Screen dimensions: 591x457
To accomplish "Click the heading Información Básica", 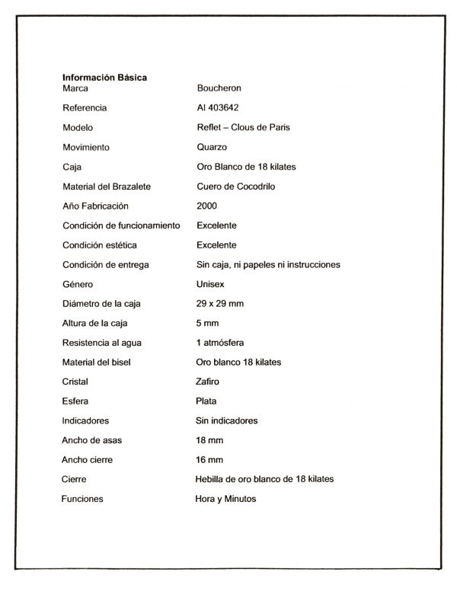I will click(x=105, y=77).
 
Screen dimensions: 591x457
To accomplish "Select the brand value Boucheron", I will click(x=219, y=88).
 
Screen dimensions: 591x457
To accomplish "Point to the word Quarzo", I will click(x=212, y=147).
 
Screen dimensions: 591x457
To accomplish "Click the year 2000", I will click(x=206, y=206).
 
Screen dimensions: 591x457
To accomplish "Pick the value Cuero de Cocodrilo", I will click(x=241, y=187).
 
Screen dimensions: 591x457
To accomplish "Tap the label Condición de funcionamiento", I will click(x=121, y=225).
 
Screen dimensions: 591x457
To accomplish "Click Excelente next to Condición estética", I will click(x=216, y=245).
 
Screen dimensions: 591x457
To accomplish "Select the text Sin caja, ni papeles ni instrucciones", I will click(x=268, y=265).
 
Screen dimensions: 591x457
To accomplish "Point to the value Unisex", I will click(x=210, y=284).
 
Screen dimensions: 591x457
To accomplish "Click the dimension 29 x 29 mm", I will click(x=220, y=304).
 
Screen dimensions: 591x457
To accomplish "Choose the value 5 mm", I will click(x=207, y=323).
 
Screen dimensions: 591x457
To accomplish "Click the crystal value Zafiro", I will click(x=207, y=382).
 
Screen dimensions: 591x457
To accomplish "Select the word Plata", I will click(x=206, y=401).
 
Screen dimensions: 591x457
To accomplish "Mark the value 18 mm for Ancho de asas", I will click(x=209, y=440).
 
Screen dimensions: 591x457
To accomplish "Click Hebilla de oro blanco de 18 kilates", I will click(x=264, y=479).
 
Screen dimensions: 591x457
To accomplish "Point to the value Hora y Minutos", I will click(x=226, y=499).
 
